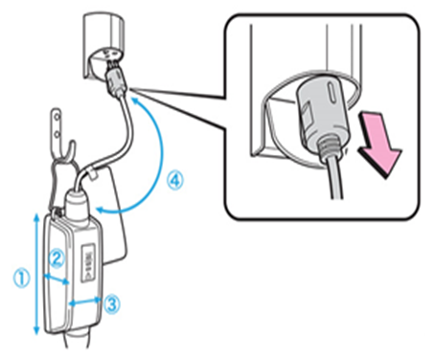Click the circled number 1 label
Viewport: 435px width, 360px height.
pyautogui.click(x=22, y=278)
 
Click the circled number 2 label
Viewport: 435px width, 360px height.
pyautogui.click(x=57, y=259)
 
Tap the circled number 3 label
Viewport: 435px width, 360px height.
pyautogui.click(x=112, y=304)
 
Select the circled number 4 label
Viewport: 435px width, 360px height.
pyautogui.click(x=175, y=181)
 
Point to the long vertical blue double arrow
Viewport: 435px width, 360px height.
pyautogui.click(x=36, y=275)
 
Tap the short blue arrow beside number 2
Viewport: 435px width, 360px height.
pyautogui.click(x=57, y=279)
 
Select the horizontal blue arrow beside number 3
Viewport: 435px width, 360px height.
pyautogui.click(x=85, y=302)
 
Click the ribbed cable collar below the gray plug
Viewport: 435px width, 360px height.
pyautogui.click(x=330, y=148)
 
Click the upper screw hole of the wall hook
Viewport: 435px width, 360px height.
pyautogui.click(x=57, y=117)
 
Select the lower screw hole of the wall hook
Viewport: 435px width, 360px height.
pyautogui.click(x=57, y=133)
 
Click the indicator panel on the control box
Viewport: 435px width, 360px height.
pyautogui.click(x=89, y=262)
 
